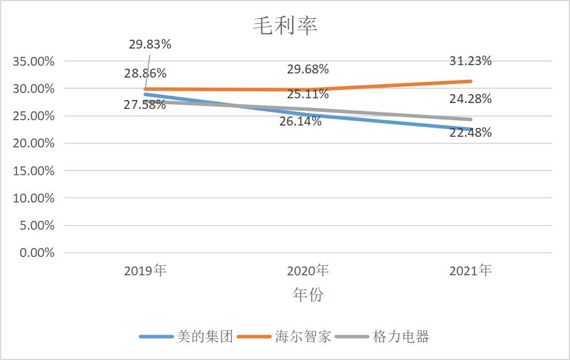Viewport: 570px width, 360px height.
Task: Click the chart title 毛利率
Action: [285, 26]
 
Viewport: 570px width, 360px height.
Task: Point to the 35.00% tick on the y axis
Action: [33, 61]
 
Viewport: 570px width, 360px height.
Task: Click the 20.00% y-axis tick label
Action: [33, 143]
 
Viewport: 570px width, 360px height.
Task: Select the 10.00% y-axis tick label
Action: [33, 198]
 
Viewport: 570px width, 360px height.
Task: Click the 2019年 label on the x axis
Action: [145, 271]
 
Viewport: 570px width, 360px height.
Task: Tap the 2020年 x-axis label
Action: [308, 271]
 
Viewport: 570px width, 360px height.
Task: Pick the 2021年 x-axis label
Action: [470, 271]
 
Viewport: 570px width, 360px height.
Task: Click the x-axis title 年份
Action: [308, 294]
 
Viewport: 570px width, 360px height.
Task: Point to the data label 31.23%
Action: [470, 60]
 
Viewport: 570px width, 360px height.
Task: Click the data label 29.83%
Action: [150, 44]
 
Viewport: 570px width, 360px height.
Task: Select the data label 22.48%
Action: [470, 133]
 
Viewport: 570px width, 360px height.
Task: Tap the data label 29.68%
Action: [308, 69]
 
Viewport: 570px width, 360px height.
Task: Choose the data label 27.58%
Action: [145, 105]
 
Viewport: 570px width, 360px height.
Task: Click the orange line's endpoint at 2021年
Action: [470, 81]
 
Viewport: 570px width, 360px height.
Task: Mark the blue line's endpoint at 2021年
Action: [470, 129]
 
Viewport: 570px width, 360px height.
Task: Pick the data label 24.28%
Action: [470, 99]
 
